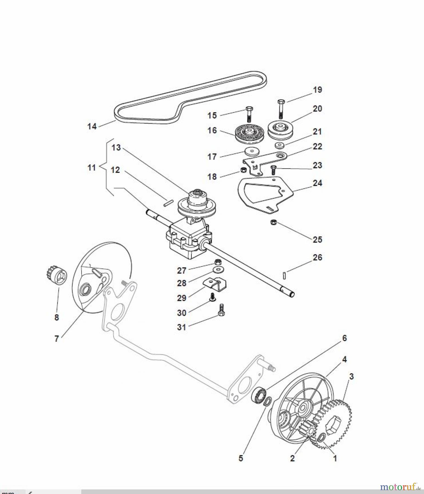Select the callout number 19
[x=318, y=90]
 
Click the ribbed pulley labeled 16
[x=249, y=134]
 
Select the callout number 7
[x=57, y=339]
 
